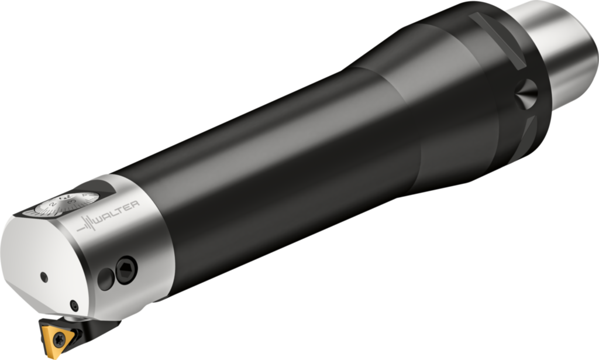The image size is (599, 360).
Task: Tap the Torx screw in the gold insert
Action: click(x=59, y=338)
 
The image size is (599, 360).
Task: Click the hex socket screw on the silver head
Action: click(x=126, y=270)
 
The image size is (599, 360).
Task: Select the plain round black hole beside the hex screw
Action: click(x=106, y=279)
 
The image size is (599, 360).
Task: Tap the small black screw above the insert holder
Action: click(x=74, y=305)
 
